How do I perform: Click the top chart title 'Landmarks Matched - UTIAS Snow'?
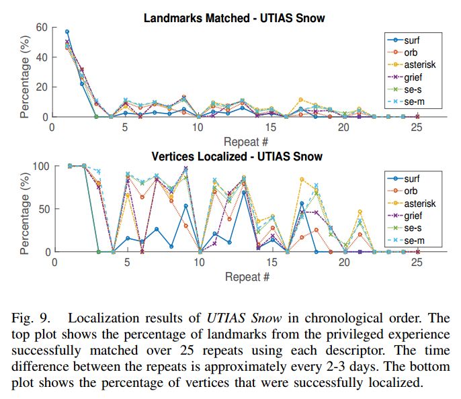[233, 17]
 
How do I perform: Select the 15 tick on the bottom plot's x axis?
[271, 263]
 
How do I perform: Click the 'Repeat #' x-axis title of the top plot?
[247, 141]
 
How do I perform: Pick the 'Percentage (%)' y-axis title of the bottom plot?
[26, 209]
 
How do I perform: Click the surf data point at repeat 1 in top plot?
[67, 32]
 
